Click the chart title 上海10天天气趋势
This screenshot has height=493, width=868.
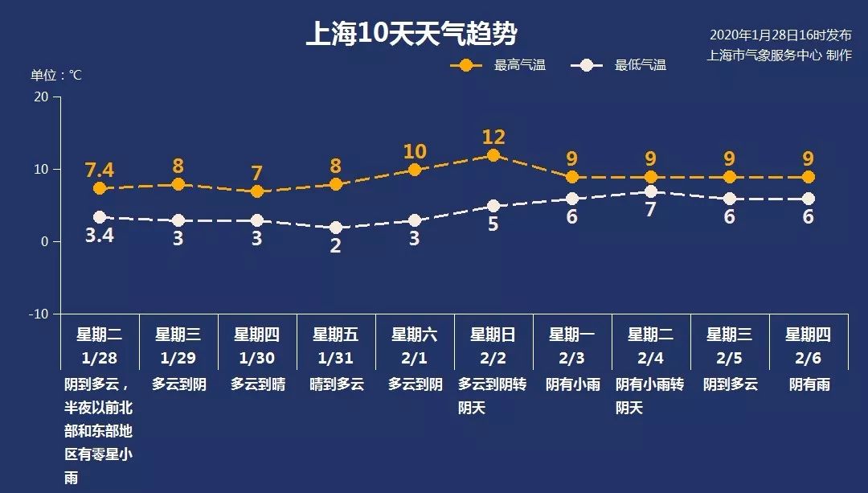click(x=411, y=35)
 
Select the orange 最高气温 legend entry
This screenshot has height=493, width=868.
click(x=498, y=65)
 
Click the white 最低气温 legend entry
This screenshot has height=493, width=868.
click(x=619, y=65)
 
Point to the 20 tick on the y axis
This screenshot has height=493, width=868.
click(x=40, y=97)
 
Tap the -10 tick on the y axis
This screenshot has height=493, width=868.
click(x=39, y=314)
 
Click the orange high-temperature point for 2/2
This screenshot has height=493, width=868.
click(x=493, y=155)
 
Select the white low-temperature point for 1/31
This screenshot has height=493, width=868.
click(x=336, y=228)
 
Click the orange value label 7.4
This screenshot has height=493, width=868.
click(x=100, y=170)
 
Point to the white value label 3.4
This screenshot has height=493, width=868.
click(x=100, y=238)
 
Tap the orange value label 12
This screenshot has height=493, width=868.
click(x=493, y=137)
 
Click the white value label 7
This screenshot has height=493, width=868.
click(x=651, y=210)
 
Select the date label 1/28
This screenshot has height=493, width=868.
click(x=100, y=358)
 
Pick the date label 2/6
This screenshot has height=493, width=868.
click(x=809, y=358)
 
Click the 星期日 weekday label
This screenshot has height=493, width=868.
click(x=493, y=335)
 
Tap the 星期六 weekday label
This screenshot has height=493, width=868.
click(x=415, y=335)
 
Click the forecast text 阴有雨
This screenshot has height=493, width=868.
click(x=809, y=384)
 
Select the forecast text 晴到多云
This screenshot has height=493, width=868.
click(x=336, y=384)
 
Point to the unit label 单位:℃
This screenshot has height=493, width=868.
click(x=56, y=75)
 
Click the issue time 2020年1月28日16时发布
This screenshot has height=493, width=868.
click(x=780, y=35)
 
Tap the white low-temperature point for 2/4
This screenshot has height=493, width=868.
click(x=651, y=191)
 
